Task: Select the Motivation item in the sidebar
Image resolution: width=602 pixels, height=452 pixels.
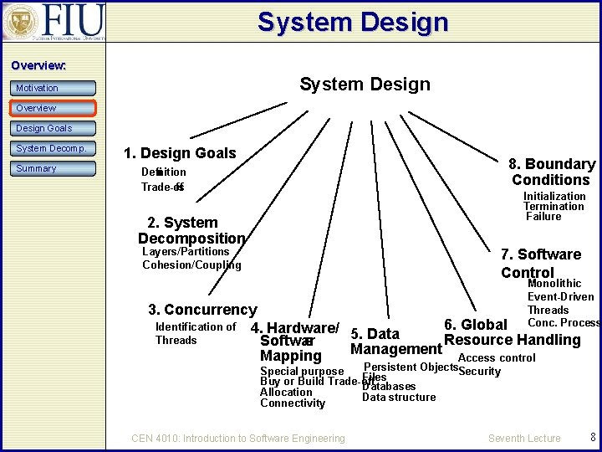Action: pos(54,88)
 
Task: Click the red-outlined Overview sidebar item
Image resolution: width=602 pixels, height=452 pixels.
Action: pos(54,108)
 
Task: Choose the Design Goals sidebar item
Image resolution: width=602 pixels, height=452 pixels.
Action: pos(54,128)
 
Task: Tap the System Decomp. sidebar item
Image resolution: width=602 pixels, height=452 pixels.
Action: pos(54,149)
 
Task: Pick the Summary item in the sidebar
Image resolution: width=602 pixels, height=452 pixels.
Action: pos(54,168)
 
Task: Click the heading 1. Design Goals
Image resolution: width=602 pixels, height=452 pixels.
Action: pos(180,153)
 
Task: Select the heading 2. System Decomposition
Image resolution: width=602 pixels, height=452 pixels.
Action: pos(191,230)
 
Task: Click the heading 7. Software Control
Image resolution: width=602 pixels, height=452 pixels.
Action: pos(541,263)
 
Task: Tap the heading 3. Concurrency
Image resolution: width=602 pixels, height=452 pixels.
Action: pos(202,310)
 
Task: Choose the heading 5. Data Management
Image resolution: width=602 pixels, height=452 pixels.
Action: pos(395,342)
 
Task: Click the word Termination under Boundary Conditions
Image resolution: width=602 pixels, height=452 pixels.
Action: pos(554,207)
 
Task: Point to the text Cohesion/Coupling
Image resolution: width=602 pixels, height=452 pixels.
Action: pos(191,265)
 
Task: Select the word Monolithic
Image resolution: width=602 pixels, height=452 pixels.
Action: pos(554,284)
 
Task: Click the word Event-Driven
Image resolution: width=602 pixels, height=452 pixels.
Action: pos(560,296)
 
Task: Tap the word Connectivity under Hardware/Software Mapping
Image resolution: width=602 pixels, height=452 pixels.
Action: pos(293,403)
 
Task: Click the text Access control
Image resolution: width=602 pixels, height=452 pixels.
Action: pos(497,357)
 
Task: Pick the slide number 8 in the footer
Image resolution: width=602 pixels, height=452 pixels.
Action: pos(593,437)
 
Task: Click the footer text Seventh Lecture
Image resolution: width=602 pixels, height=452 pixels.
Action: pos(524,438)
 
